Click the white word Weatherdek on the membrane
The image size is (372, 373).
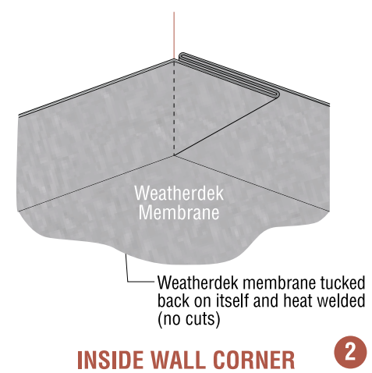pos(179,193)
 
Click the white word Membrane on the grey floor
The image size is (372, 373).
pos(179,212)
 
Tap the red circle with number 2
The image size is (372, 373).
pos(350,352)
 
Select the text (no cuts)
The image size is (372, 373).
pos(189,319)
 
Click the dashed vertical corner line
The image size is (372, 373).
pos(174,107)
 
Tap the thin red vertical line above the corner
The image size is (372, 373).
pos(174,35)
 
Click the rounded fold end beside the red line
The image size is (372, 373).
pos(182,56)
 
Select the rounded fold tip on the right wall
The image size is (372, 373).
pos(275,94)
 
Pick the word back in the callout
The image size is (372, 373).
pos(174,300)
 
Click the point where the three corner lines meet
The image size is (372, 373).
pos(174,155)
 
